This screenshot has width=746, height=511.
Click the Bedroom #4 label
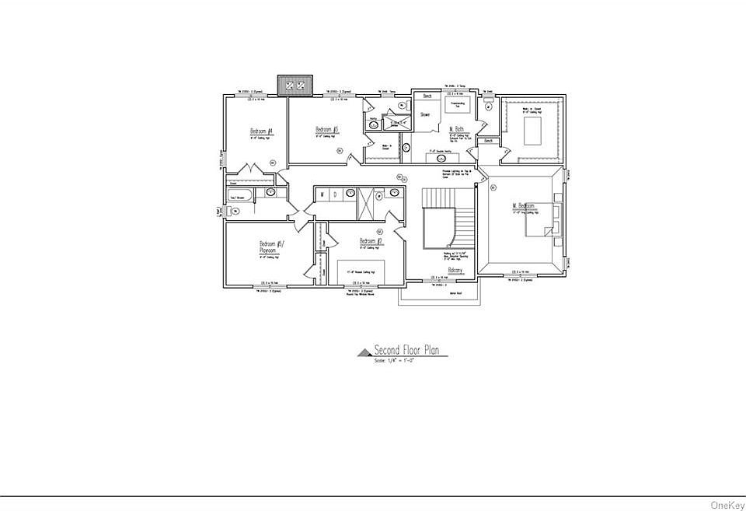260,131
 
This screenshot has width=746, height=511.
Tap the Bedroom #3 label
326,129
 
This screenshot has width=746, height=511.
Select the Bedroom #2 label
370,241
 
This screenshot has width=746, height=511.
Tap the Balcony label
455,270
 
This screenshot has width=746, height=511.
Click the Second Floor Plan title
406,350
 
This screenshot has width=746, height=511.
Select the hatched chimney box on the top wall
295,84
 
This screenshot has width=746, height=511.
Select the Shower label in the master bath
425,114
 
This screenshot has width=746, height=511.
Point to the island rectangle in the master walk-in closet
533,132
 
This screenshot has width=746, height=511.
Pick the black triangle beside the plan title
364,352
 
